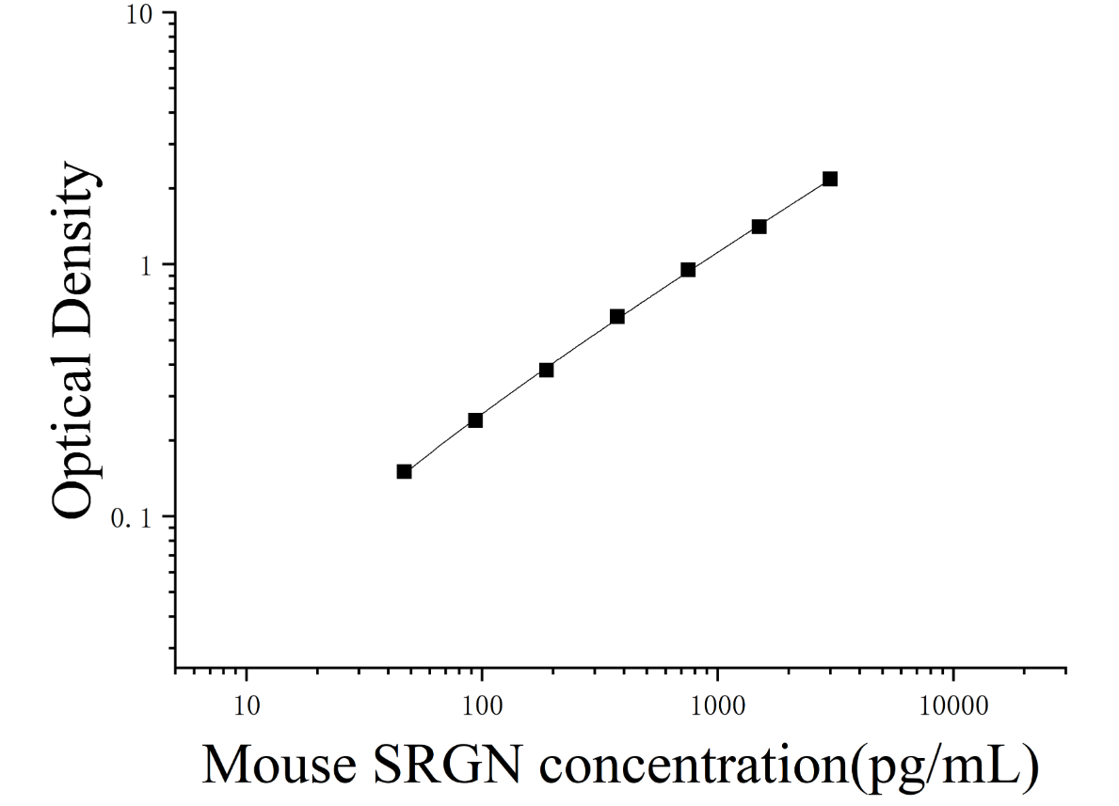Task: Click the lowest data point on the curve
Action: pos(404,471)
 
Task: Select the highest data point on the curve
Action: pos(830,179)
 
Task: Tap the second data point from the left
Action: pos(475,420)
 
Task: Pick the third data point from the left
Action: pos(546,370)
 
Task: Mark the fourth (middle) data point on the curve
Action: pos(617,316)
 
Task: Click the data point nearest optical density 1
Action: pos(688,270)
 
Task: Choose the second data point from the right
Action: pos(759,227)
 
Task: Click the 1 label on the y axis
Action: pos(147,266)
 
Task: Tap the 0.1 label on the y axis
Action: pos(133,518)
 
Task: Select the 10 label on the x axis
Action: pos(247,706)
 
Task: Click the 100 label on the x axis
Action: pos(482,706)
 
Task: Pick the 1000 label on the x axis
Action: pos(717,706)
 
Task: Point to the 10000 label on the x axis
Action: pos(953,706)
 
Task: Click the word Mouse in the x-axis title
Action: pos(280,765)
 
